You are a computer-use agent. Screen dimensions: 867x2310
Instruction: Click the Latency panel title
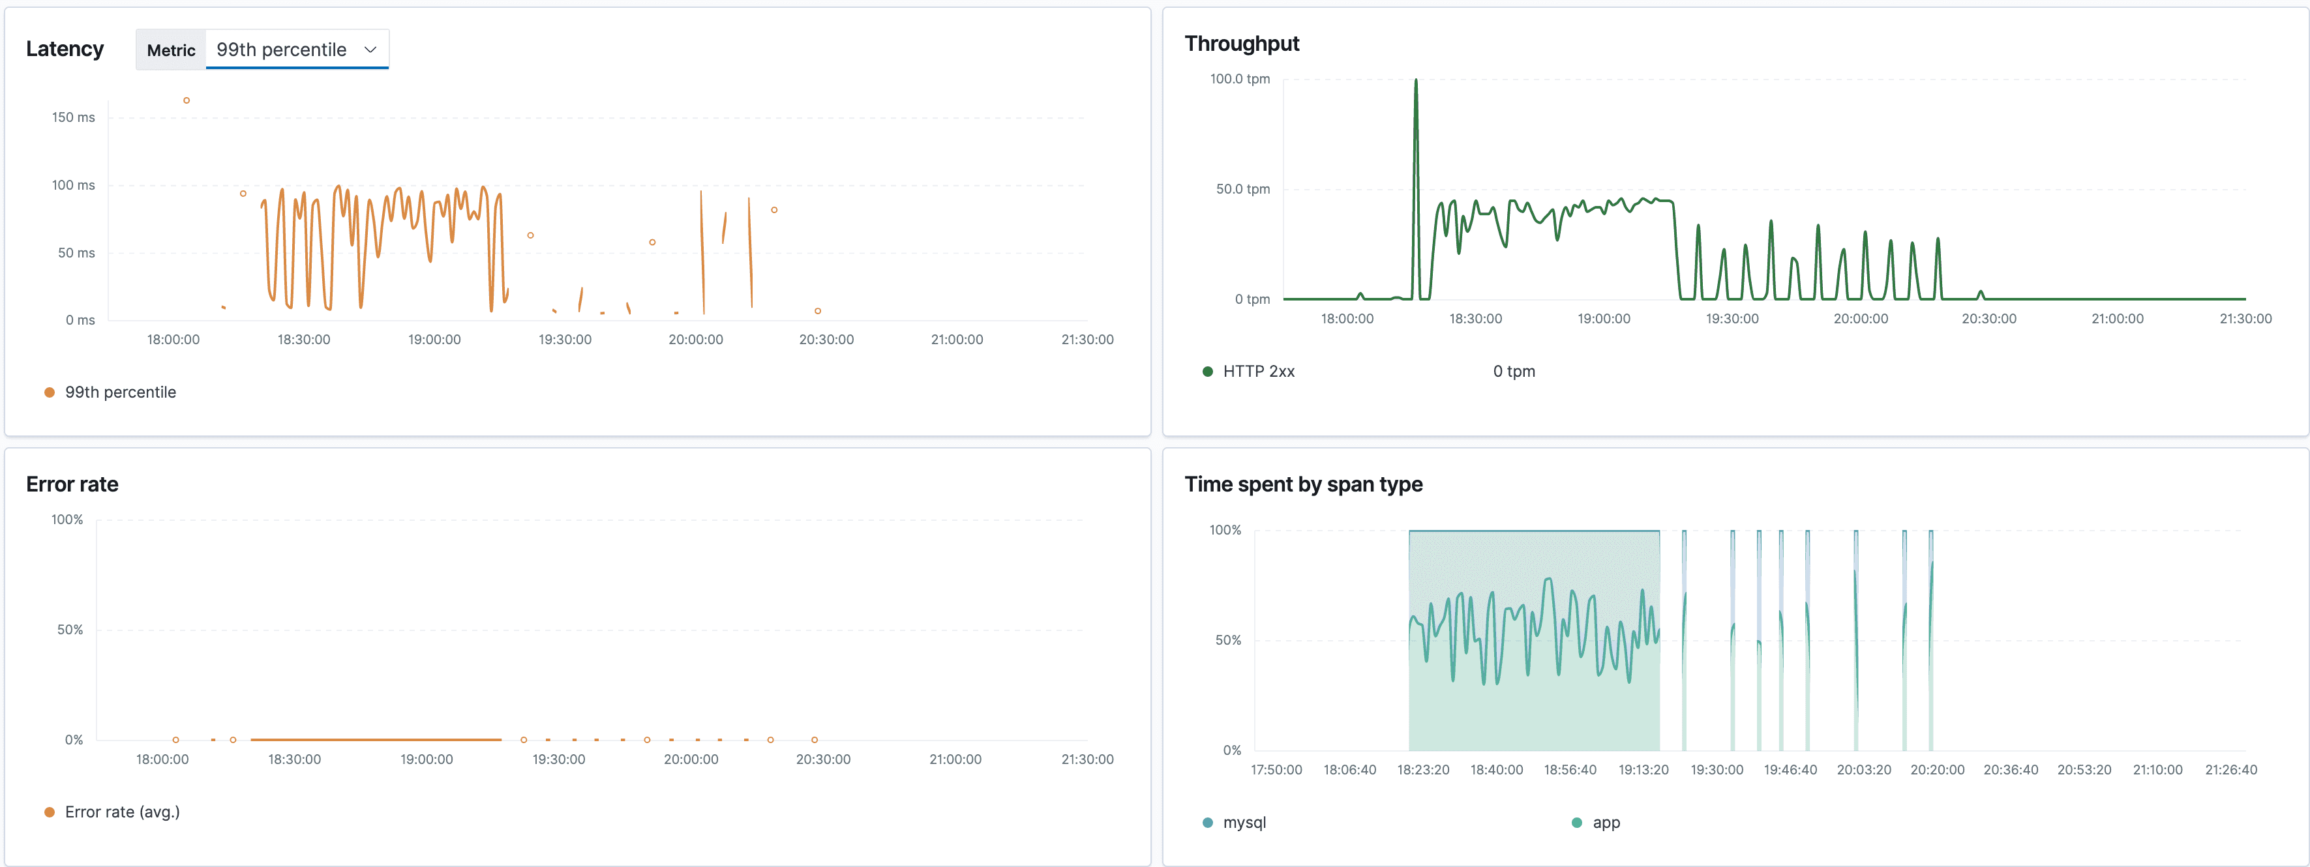(x=65, y=50)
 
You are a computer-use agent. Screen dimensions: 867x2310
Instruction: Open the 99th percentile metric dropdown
(x=297, y=50)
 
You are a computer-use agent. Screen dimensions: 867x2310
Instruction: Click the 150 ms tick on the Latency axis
(x=74, y=117)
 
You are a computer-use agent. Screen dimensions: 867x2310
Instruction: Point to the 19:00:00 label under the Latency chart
(x=434, y=340)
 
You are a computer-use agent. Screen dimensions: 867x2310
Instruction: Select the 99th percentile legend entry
(x=119, y=392)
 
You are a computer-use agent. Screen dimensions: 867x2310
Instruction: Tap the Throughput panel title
(x=1241, y=44)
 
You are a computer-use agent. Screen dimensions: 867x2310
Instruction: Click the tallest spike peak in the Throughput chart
(x=1416, y=81)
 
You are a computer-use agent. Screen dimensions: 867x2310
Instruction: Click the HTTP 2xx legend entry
(x=1257, y=371)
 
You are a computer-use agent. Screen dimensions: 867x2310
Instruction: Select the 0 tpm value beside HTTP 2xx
(x=1514, y=371)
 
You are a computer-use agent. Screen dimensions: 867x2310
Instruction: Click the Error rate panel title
(x=72, y=484)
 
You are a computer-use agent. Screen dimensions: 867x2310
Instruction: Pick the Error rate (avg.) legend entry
(x=122, y=812)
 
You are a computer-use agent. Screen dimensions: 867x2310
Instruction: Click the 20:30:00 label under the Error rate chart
(x=822, y=759)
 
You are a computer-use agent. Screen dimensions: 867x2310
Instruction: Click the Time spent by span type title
(x=1303, y=484)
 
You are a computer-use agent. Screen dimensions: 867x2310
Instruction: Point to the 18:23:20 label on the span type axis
(x=1423, y=770)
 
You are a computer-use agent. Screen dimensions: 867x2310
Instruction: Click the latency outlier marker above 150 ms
(x=187, y=100)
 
